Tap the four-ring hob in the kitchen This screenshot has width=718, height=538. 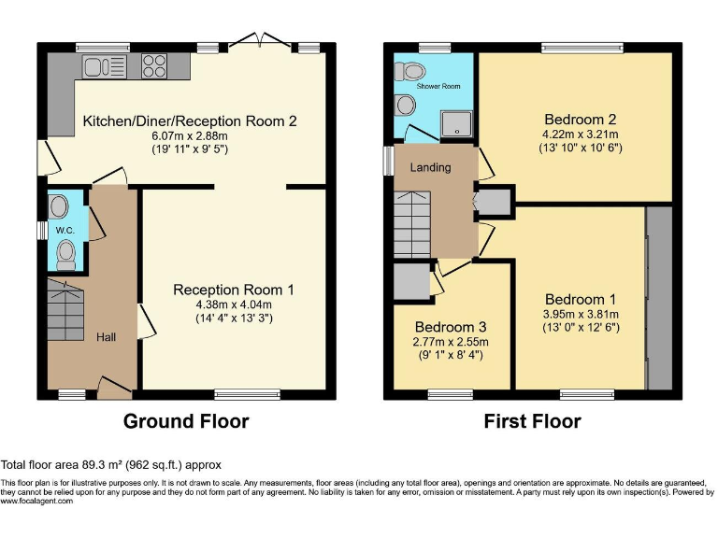pos(154,65)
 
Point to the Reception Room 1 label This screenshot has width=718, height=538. pos(234,290)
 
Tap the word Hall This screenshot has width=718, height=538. pos(106,336)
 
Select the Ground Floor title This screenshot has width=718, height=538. pos(186,421)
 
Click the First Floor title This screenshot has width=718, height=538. pos(532,421)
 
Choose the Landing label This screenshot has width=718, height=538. pos(431,167)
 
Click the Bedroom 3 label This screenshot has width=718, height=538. pos(452,328)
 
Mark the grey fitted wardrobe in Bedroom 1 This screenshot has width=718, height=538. pos(659,298)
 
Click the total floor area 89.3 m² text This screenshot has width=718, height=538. pos(111,464)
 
